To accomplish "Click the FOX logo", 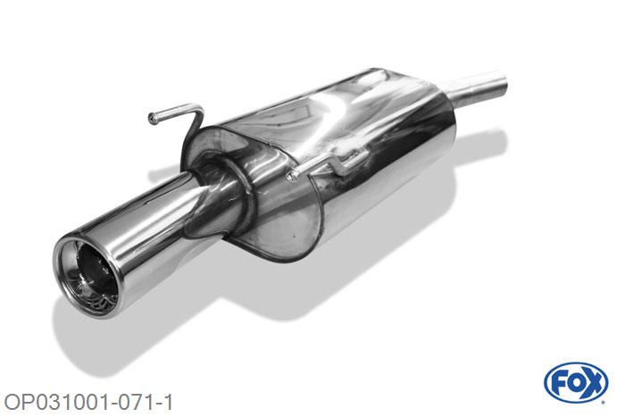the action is [576, 383].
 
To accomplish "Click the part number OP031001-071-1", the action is [88, 402].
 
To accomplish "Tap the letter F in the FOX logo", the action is [558, 383].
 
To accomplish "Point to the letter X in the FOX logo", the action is [594, 383].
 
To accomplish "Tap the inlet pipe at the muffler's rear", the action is [478, 89].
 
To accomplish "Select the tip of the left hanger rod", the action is [153, 118].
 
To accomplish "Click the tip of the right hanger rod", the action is [293, 175].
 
